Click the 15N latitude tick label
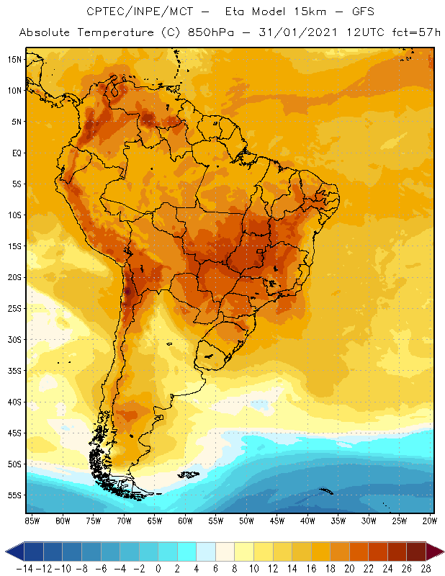[14, 59]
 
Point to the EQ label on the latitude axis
[15, 153]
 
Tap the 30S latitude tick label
[14, 339]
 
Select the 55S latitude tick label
[14, 495]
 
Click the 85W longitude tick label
[32, 520]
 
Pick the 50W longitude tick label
[247, 520]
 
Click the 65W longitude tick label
[155, 520]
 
